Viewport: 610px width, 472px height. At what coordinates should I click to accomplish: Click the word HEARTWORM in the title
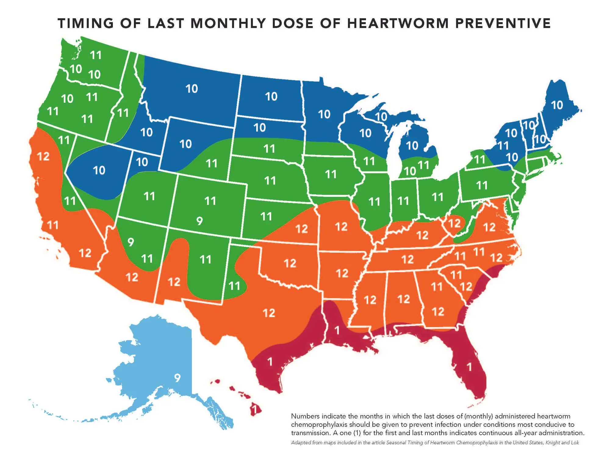[x=398, y=24]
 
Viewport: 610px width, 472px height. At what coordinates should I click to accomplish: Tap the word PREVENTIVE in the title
[x=503, y=24]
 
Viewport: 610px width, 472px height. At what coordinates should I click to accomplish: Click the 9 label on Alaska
[x=177, y=378]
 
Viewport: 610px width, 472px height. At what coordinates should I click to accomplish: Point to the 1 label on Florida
[x=469, y=367]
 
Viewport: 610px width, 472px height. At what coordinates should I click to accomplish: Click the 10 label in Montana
[x=192, y=89]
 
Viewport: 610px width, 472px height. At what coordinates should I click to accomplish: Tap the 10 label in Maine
[x=557, y=105]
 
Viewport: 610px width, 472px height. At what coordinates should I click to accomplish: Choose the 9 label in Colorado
[x=199, y=221]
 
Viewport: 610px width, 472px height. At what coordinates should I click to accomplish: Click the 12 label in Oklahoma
[x=290, y=263]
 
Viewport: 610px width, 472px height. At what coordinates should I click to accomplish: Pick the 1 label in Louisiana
[x=337, y=330]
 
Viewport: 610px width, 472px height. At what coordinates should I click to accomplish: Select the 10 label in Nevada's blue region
[x=99, y=170]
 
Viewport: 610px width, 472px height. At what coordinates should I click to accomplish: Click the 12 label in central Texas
[x=269, y=313]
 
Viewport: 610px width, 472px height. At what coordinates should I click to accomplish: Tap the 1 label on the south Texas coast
[x=270, y=362]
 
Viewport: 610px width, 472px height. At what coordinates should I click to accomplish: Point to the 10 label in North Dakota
[x=271, y=97]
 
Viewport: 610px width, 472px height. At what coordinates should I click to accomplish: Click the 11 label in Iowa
[x=331, y=174]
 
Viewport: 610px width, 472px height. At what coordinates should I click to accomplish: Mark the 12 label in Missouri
[x=341, y=227]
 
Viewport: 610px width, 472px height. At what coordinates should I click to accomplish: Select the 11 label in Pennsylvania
[x=482, y=185]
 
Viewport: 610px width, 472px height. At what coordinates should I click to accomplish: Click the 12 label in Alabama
[x=403, y=299]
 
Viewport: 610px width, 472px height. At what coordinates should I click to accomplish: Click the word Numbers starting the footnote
[x=305, y=416]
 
